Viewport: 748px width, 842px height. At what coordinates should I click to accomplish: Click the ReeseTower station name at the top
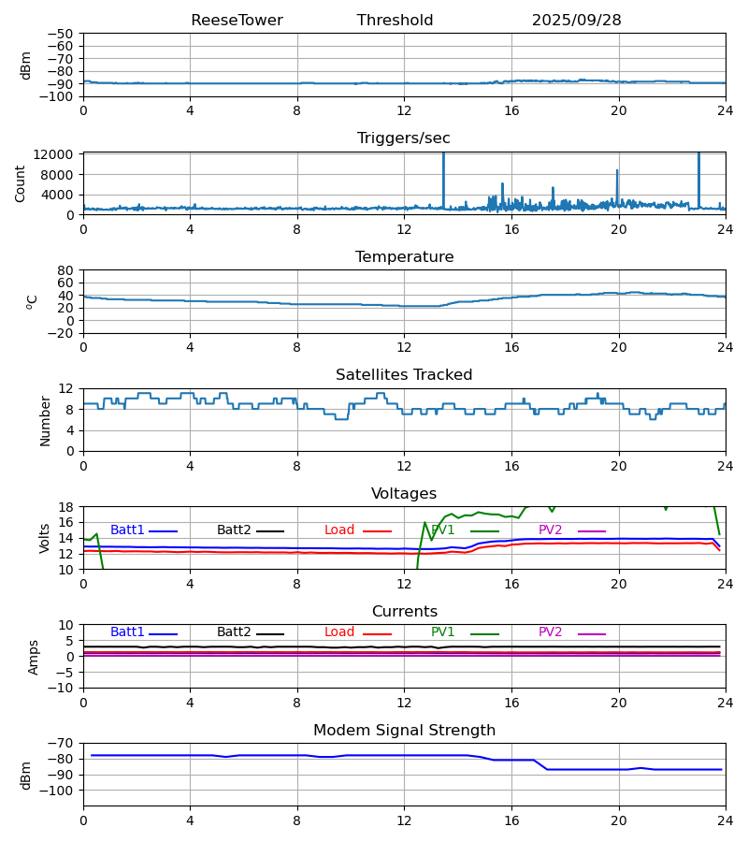click(237, 21)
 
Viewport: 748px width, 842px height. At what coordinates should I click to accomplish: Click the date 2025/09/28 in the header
click(576, 21)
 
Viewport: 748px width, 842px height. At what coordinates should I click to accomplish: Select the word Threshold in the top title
click(395, 21)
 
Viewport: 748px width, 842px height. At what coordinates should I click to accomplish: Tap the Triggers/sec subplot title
click(404, 138)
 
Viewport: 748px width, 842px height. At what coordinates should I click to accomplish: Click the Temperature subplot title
click(404, 257)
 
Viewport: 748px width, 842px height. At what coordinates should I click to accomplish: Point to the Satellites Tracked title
click(404, 375)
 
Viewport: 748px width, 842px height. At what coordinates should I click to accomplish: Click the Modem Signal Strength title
click(404, 731)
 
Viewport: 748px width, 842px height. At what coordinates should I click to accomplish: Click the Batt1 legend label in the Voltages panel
click(127, 530)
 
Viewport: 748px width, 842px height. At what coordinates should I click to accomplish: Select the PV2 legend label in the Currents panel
click(550, 632)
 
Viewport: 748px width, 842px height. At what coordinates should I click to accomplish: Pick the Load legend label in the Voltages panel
click(339, 530)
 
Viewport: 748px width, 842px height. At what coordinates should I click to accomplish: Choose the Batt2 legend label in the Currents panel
click(234, 632)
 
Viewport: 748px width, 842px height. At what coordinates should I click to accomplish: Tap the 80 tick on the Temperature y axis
click(66, 270)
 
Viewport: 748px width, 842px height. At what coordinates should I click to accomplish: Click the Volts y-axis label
click(45, 538)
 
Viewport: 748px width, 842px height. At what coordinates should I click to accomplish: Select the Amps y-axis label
click(35, 657)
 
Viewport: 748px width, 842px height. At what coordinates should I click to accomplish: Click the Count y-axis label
click(21, 183)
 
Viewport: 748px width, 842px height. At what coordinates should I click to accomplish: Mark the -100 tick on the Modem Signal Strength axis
click(58, 791)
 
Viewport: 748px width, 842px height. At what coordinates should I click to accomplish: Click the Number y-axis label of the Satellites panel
click(45, 420)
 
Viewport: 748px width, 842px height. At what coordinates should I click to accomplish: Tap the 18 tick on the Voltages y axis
click(66, 507)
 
